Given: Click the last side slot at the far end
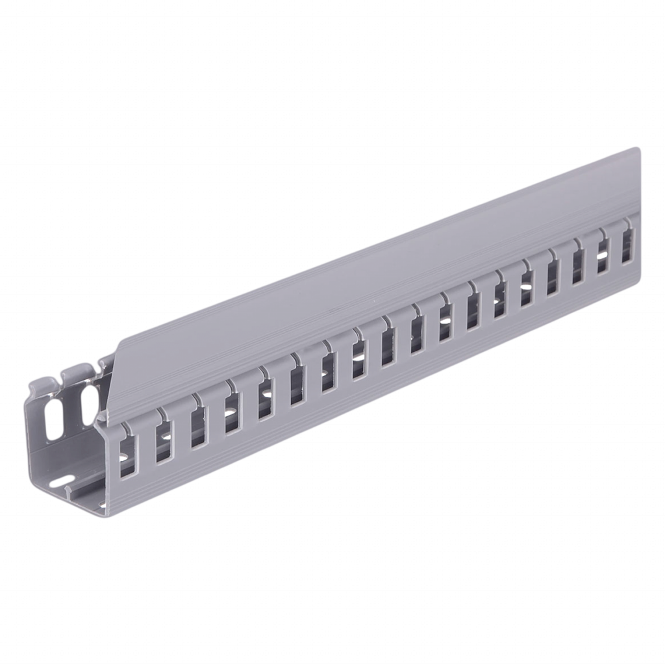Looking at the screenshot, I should pyautogui.click(x=627, y=245).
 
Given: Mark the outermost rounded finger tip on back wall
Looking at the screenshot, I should pyautogui.click(x=40, y=381).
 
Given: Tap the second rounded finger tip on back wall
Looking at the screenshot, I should pyautogui.click(x=73, y=372).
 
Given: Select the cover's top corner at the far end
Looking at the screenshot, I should pyautogui.click(x=640, y=147).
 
